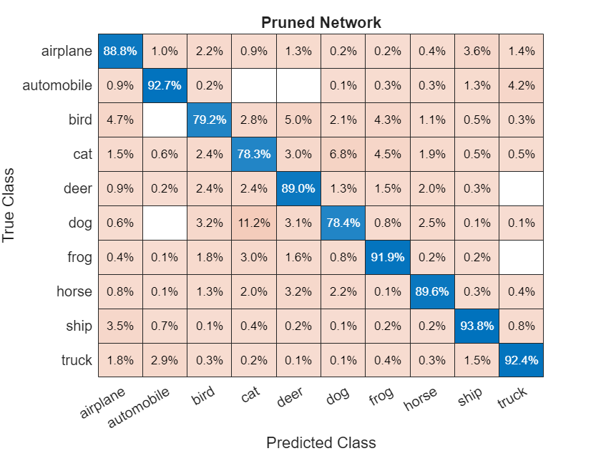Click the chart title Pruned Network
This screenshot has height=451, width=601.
[321, 22]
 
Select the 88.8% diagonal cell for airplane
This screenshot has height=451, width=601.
[121, 51]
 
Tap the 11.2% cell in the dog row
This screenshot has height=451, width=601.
[254, 223]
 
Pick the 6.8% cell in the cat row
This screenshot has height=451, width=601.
[343, 154]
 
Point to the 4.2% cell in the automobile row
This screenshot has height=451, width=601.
[521, 85]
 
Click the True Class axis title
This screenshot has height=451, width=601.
[10, 205]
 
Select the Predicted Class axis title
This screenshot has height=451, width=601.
[321, 442]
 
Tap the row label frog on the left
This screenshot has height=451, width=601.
[78, 257]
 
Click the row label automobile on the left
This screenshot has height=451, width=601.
[57, 85]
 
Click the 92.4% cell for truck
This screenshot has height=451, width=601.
[521, 360]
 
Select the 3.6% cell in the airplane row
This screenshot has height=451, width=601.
[477, 51]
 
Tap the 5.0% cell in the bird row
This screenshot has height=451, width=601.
[298, 120]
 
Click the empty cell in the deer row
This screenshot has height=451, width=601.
[521, 188]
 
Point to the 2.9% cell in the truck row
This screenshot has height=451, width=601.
[165, 360]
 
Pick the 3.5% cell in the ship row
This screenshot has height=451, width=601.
[121, 326]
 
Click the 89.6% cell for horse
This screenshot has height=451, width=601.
[432, 291]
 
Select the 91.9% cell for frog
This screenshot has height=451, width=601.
[388, 257]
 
